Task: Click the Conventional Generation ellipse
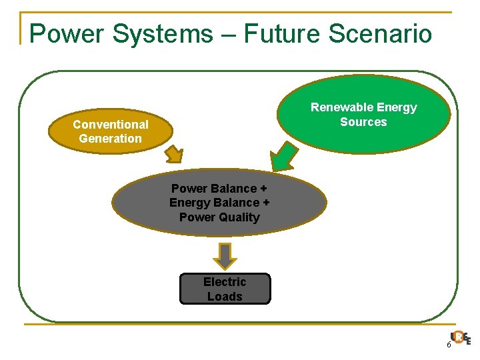110,131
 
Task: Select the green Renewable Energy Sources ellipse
364,115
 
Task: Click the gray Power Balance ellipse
219,203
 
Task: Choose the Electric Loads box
225,289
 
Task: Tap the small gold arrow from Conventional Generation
174,154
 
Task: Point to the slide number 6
449,345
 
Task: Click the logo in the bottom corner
460,338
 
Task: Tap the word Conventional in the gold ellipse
111,125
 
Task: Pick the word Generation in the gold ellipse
111,139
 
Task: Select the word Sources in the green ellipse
363,122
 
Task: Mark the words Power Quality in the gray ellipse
219,217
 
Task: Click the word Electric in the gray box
225,282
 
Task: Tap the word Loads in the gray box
225,297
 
